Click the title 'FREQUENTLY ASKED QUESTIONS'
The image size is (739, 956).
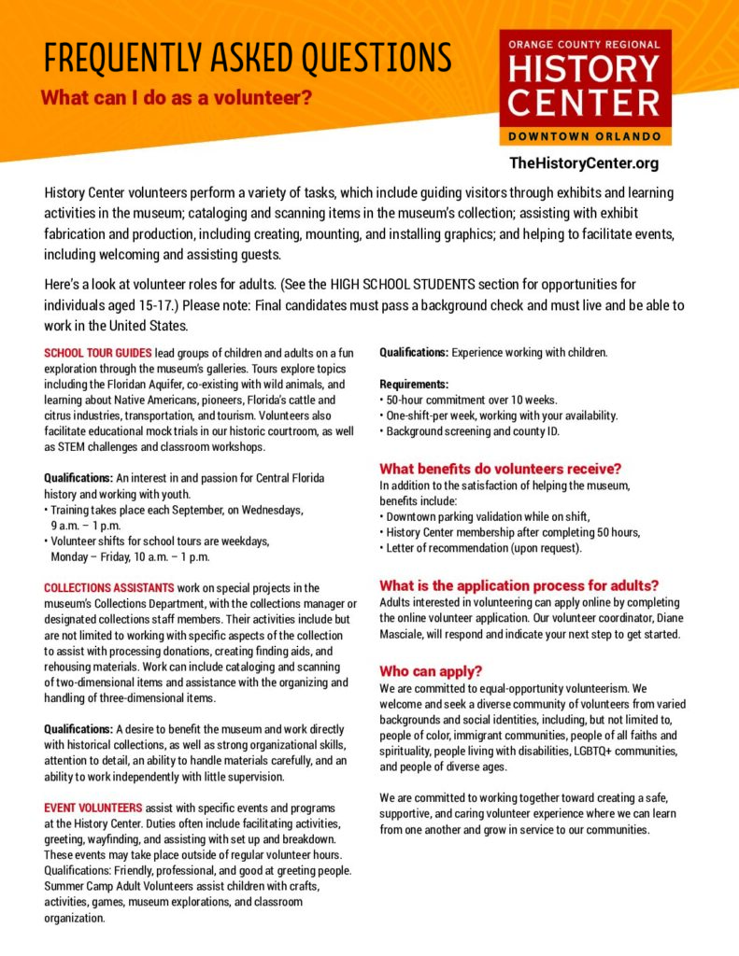click(248, 58)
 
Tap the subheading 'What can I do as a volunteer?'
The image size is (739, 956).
click(177, 97)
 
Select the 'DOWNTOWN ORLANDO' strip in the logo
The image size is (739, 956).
click(585, 136)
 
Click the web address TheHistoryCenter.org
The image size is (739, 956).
click(584, 163)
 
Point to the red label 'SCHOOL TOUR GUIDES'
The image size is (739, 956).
click(98, 353)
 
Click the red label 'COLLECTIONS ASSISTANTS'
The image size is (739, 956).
click(108, 587)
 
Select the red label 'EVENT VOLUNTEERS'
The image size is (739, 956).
click(92, 807)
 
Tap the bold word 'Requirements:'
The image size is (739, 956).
click(414, 384)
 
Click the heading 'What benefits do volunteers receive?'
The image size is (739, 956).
click(500, 469)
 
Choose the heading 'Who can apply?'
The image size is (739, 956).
click(431, 670)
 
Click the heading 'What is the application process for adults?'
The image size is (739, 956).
click(519, 585)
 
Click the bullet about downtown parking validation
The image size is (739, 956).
click(488, 516)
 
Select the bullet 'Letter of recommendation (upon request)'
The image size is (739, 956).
click(483, 548)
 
